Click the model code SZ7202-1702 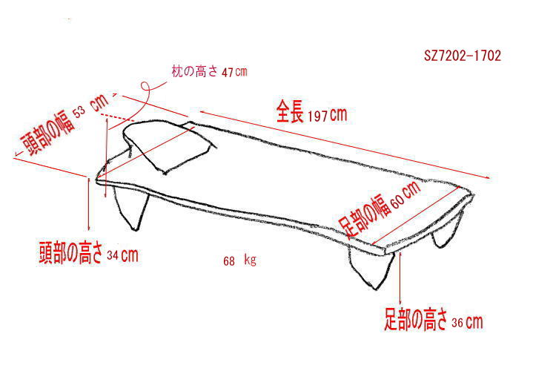point(463,56)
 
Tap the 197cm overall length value point(327,115)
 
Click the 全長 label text point(290,111)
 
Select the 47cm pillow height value point(234,72)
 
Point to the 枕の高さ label point(194,71)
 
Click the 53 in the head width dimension point(80,112)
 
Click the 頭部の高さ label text point(70,253)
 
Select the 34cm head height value point(122,255)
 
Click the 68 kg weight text point(239,260)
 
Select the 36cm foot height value point(467,322)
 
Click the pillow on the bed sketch point(169,146)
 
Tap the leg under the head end point(131,208)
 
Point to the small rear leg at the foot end point(448,230)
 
